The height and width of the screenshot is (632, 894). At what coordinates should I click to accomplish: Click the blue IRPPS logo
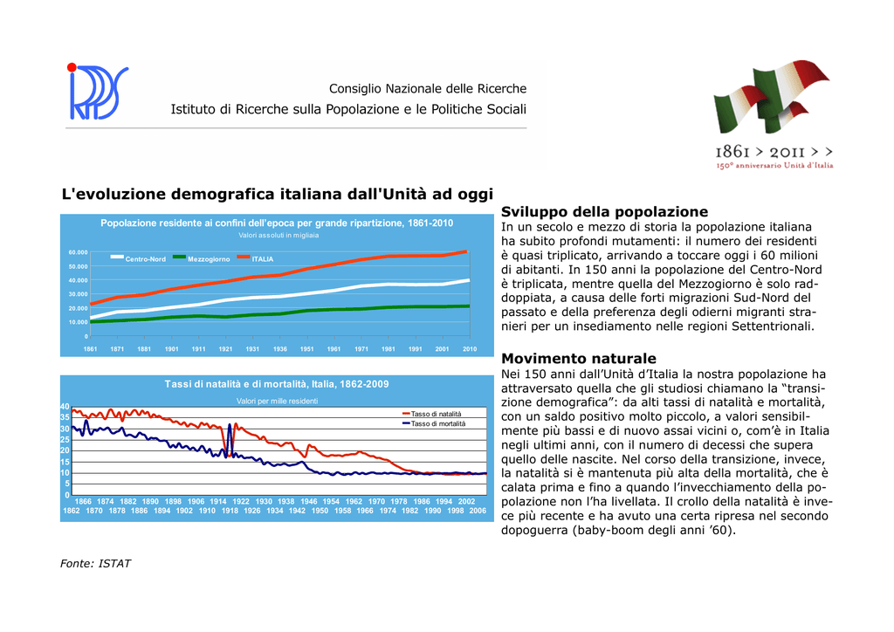[98, 92]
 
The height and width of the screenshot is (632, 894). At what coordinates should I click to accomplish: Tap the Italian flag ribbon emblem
[772, 96]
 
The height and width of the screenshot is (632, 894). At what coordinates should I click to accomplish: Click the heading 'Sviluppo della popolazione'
[604, 212]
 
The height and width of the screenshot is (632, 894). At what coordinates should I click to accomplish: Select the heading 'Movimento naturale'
[579, 359]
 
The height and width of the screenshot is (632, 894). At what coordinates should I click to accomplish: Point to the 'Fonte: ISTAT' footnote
[95, 564]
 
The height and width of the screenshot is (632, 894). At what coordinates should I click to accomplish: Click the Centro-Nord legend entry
[138, 258]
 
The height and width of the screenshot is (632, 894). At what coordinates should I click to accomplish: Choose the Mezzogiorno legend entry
[202, 258]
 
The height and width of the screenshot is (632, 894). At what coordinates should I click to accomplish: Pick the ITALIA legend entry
[256, 258]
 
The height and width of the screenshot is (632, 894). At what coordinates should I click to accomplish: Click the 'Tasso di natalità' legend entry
[431, 414]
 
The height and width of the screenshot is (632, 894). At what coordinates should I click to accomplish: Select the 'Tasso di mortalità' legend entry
[434, 423]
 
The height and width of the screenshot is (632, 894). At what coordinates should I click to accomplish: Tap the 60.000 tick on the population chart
[78, 252]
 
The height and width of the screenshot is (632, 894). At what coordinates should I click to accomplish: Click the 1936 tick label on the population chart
[280, 349]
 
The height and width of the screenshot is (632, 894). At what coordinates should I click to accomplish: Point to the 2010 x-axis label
[470, 349]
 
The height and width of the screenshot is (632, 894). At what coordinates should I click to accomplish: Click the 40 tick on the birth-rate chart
[65, 407]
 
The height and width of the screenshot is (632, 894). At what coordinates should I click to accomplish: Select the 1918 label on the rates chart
[230, 511]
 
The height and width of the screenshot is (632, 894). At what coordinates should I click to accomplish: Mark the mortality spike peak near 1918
[230, 424]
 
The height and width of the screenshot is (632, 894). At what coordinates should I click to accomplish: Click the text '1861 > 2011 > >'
[774, 152]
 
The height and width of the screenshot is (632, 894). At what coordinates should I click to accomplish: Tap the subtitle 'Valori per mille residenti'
[277, 402]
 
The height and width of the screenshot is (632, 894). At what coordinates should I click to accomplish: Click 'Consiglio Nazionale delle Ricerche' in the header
[428, 89]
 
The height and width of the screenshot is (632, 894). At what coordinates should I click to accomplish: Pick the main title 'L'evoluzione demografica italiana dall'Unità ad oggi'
[277, 195]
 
